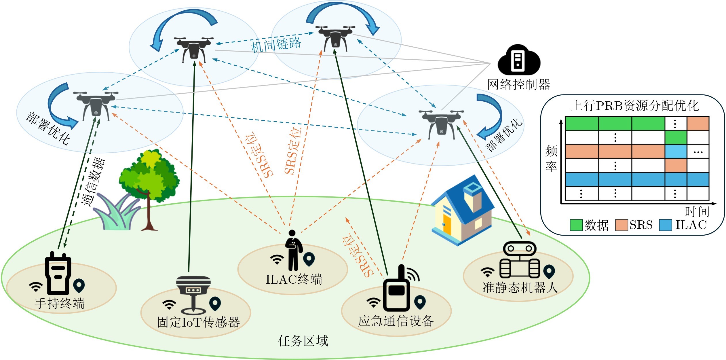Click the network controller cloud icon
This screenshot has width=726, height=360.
[x=519, y=60]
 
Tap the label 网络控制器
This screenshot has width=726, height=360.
[x=519, y=85]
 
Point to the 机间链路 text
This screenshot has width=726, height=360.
[x=276, y=45]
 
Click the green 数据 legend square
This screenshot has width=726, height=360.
[x=576, y=225]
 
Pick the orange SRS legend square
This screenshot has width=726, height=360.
[x=622, y=225]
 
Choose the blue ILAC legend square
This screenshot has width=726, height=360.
[x=666, y=225]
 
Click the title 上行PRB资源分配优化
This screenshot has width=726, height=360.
[x=635, y=106]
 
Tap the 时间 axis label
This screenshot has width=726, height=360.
[x=697, y=212]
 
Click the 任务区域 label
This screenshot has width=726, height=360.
[x=303, y=341]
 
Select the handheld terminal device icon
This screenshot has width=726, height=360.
[x=58, y=273]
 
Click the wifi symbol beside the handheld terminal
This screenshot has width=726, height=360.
[x=36, y=287]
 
